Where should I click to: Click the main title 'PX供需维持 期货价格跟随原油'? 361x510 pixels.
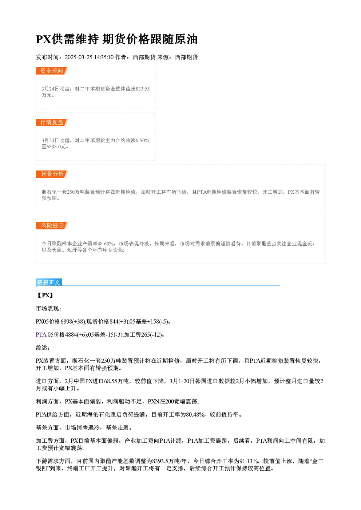coord(116,39)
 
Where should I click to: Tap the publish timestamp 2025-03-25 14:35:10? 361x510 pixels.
coord(89,57)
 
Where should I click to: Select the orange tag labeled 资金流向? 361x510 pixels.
coord(52,71)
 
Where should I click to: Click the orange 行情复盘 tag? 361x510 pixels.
coord(52,123)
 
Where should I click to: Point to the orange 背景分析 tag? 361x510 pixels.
coord(52,174)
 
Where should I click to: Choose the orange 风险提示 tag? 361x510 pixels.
coord(52,226)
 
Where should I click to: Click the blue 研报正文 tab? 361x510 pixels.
coord(49,282)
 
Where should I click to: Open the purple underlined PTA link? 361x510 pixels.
coord(41,335)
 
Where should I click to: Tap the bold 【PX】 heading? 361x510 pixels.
coord(45,295)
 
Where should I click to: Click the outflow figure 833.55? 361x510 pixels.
coord(143,89)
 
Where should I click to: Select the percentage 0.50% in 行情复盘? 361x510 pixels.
coord(142,140)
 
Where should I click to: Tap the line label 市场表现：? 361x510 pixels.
coord(48,309)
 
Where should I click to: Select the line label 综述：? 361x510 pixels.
coord(43,348)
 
